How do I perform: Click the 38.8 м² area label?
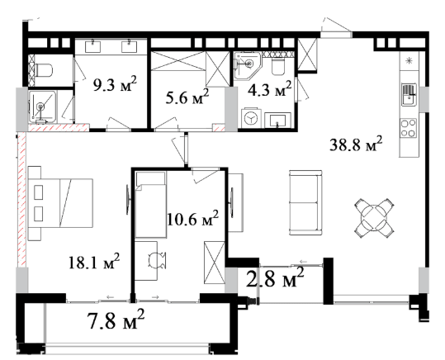(x=356, y=144)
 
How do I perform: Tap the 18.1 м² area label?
(x=94, y=262)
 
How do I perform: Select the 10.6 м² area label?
(x=193, y=218)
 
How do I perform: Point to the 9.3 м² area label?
(x=115, y=83)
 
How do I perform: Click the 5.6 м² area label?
(x=187, y=97)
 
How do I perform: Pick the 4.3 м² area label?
(x=270, y=88)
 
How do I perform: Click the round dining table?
(x=375, y=218)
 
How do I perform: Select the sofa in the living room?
(x=305, y=202)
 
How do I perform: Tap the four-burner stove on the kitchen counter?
(x=409, y=128)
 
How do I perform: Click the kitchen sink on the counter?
(x=409, y=95)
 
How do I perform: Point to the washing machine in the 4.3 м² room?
(x=250, y=117)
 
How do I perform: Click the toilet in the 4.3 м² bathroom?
(x=278, y=66)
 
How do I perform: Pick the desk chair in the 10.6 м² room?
(x=157, y=260)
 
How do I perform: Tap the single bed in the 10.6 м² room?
(x=151, y=205)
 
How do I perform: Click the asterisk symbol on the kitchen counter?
(x=409, y=60)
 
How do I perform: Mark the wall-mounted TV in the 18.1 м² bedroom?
(x=128, y=200)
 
